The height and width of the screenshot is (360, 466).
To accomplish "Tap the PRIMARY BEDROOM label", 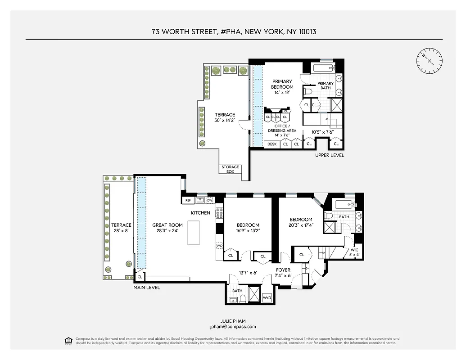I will pos(282,84).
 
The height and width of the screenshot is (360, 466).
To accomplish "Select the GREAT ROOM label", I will pos(167,225).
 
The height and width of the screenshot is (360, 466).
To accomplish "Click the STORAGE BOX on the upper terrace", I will pos(230,169).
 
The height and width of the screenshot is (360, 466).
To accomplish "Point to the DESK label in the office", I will pos(272,144).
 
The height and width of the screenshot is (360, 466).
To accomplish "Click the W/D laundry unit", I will pos(267,298).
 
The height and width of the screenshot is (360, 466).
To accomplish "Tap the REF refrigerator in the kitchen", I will pos(188,200).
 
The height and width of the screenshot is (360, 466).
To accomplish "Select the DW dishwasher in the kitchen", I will pos(210,200).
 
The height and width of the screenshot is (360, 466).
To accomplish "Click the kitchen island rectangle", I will pos(194,233).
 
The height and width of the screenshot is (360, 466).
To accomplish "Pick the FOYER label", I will pos(283,270).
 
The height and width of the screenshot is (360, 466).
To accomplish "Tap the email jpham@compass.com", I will pos(233,327).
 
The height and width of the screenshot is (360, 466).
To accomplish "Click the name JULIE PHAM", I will pos(233,321).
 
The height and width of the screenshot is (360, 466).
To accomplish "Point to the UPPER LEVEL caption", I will pos(330,155).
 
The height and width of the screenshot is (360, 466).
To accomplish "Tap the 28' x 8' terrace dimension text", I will pos(121,230).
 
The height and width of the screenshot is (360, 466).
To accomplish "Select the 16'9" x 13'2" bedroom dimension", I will pos(248,230).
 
